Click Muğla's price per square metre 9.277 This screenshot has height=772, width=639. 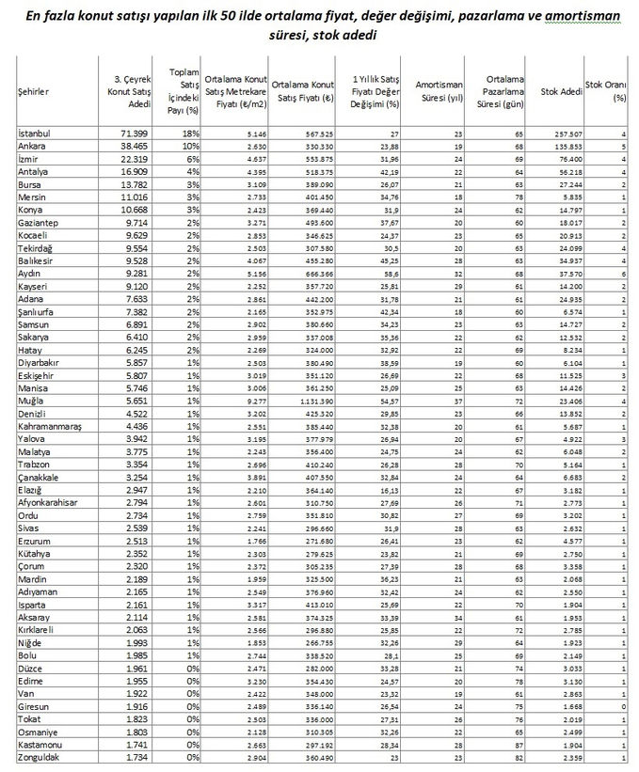coord(243,400)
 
